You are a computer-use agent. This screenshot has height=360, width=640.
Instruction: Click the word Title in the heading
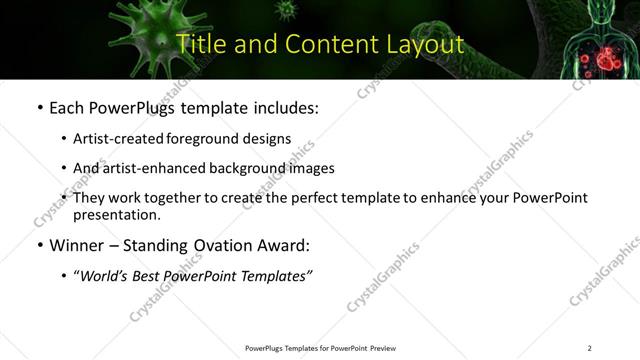click(199, 44)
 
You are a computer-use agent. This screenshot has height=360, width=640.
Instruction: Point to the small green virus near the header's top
click(288, 10)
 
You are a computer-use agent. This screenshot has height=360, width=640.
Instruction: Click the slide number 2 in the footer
click(589, 348)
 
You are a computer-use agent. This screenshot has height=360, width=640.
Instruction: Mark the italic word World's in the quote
click(105, 275)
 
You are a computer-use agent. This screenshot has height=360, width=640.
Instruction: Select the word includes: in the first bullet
click(285, 107)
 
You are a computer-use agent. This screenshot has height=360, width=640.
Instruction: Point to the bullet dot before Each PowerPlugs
click(39, 108)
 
